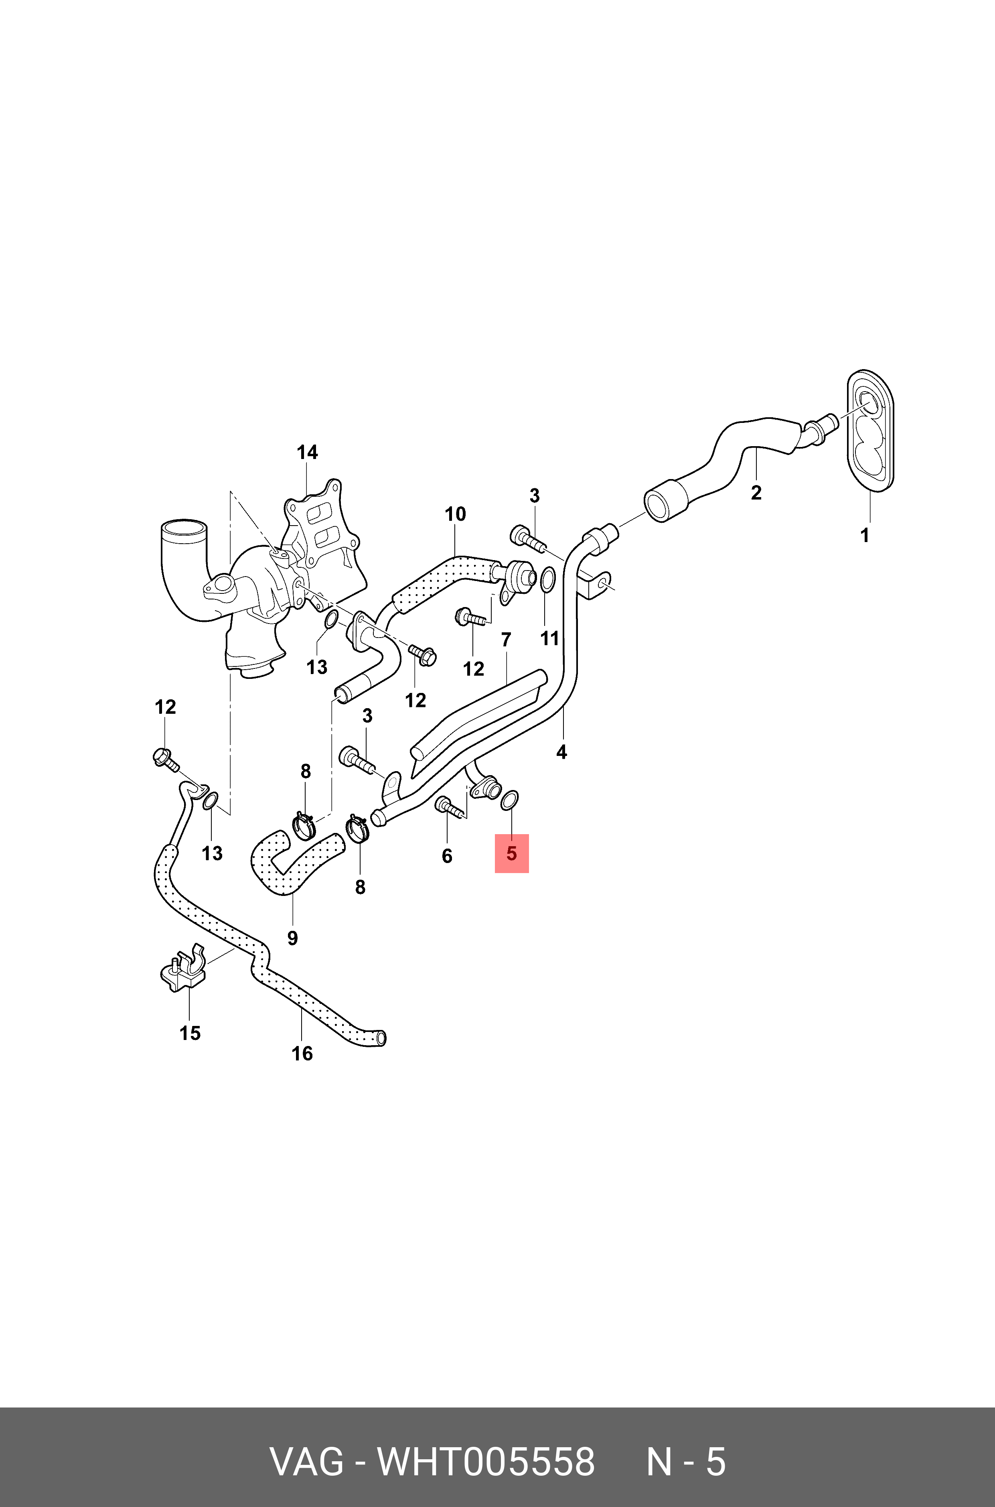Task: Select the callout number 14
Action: coord(307,453)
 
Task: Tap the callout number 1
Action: coord(864,535)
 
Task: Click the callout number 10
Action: coord(455,514)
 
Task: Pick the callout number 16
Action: coord(302,1054)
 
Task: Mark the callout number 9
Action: coord(292,938)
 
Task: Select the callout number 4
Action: coord(561,752)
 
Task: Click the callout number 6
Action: coord(447,856)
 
